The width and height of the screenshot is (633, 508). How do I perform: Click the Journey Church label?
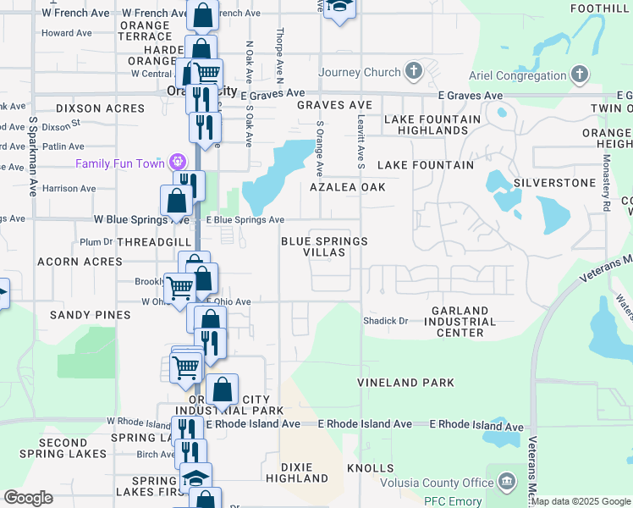[x=359, y=73]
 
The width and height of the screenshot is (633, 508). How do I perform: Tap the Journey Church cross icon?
[x=414, y=69]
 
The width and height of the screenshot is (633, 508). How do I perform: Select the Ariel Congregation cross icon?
[x=579, y=75]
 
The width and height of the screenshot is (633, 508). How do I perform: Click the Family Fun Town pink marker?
[x=177, y=161]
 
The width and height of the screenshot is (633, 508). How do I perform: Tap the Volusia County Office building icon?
[x=506, y=483]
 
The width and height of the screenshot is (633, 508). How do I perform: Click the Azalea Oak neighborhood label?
[x=348, y=187]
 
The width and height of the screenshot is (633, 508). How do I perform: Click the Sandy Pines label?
[x=90, y=315]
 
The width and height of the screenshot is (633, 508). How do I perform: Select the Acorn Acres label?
[x=80, y=262]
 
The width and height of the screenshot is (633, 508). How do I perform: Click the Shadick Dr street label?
[x=385, y=321]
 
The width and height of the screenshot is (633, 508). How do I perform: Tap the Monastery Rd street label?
[x=608, y=188]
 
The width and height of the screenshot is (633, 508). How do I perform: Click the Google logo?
[x=28, y=498]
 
